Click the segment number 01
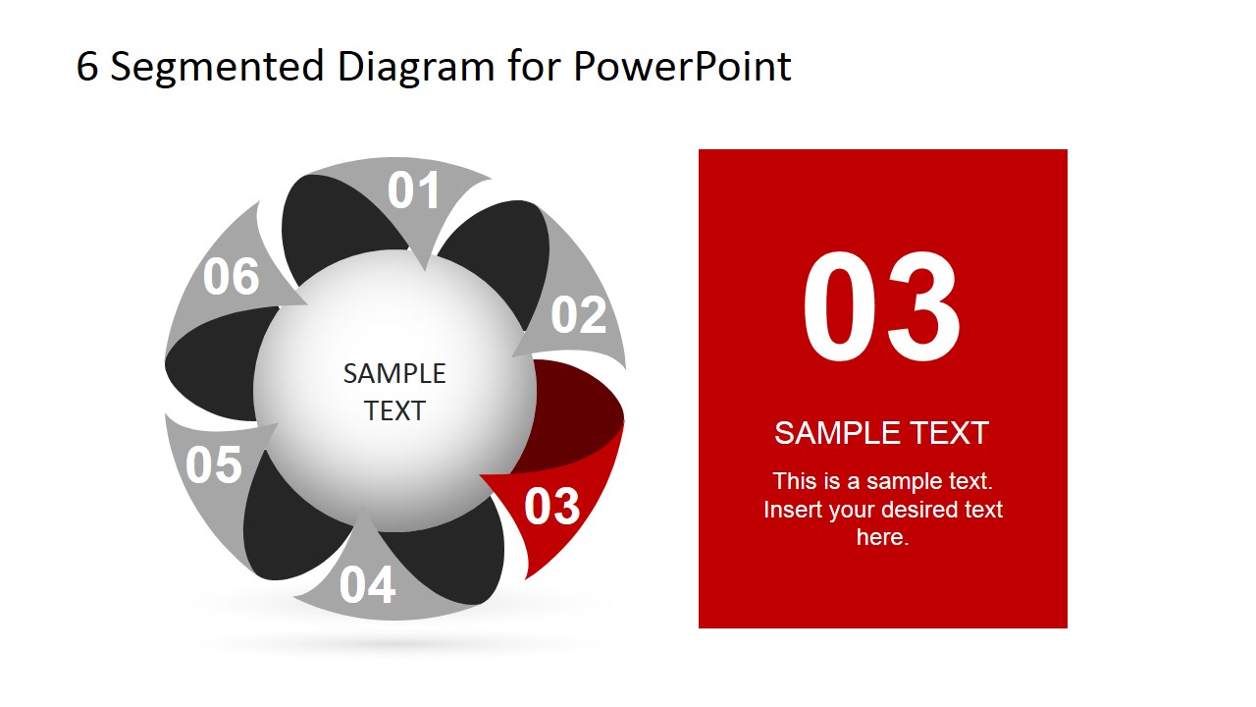(413, 190)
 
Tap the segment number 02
(578, 315)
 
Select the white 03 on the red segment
(551, 507)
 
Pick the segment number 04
(367, 585)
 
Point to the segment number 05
(213, 464)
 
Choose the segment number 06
(231, 277)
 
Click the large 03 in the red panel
(881, 307)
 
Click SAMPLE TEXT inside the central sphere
(394, 392)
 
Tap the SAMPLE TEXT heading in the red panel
(881, 433)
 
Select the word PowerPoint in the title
(682, 67)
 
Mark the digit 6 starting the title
(87, 67)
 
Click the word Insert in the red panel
(792, 510)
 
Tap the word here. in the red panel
(882, 537)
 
